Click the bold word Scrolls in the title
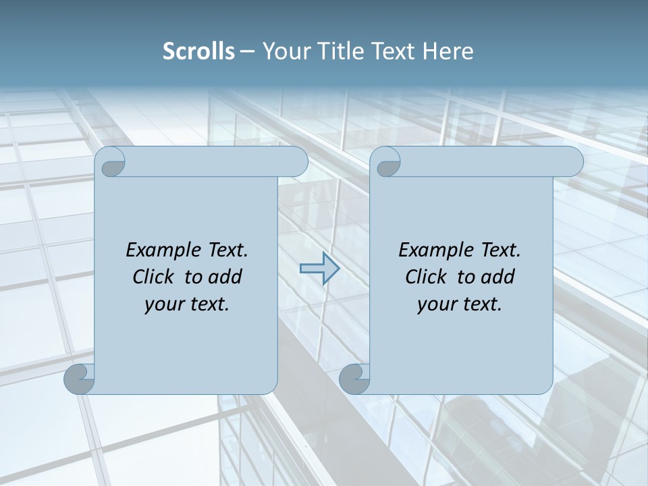[x=199, y=51]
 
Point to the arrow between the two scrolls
[x=319, y=269]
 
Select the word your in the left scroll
[x=163, y=304]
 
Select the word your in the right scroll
[x=436, y=304]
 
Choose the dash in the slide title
[x=247, y=51]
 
